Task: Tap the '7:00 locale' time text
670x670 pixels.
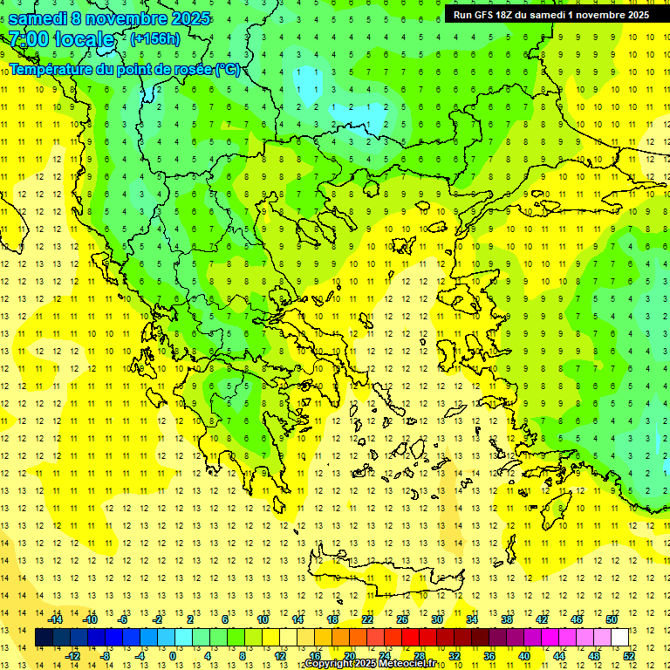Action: click(62, 39)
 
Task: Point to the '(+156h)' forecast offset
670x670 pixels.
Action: click(155, 38)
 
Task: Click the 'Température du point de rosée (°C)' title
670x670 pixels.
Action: click(125, 69)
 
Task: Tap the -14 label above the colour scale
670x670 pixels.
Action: click(54, 619)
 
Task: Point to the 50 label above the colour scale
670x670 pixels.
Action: click(612, 619)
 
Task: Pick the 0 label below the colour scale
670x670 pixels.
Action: click(173, 656)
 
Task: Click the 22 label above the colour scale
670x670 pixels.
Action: click(367, 619)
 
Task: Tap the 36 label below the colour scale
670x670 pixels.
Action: click(489, 656)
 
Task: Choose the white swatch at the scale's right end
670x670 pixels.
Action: click(619, 638)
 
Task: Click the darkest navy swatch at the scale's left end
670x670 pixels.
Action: click(44, 638)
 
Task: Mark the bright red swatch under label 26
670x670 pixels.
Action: click(410, 638)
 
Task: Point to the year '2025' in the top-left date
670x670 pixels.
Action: click(184, 18)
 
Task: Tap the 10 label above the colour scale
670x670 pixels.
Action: click(263, 619)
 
